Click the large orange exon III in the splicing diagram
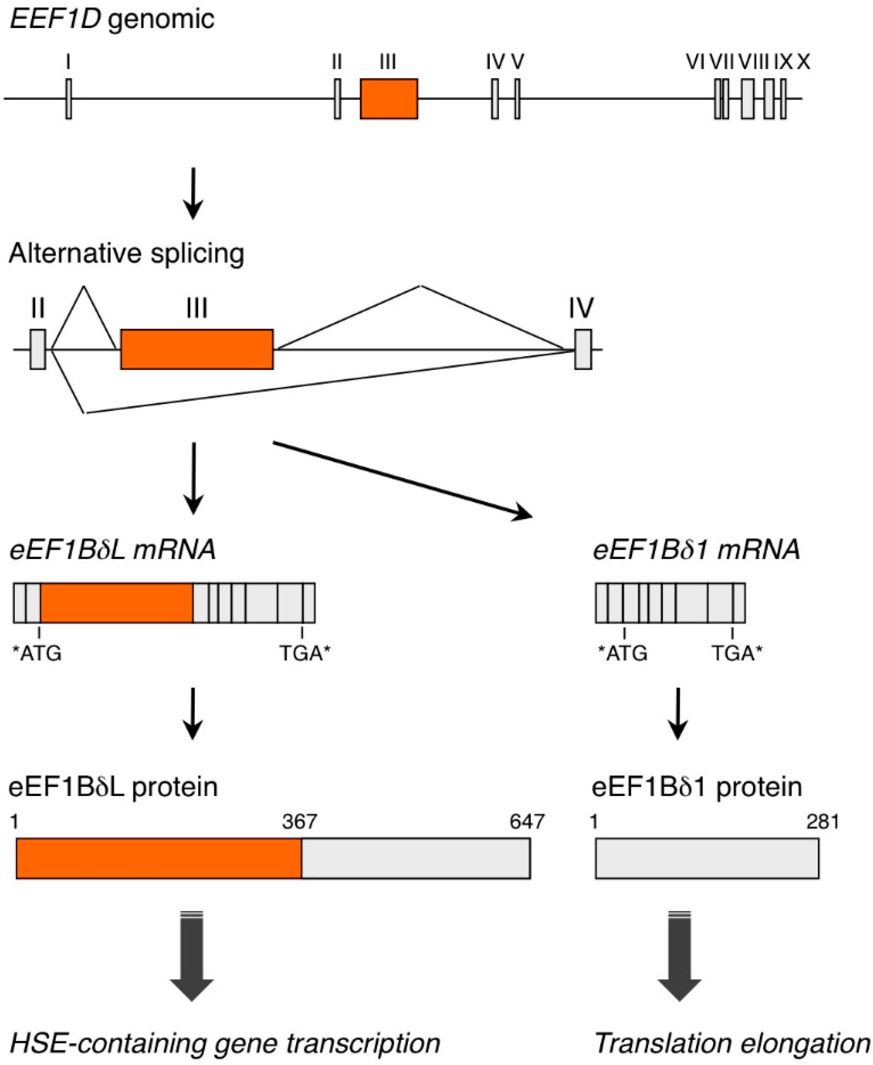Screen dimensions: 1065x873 click(196, 349)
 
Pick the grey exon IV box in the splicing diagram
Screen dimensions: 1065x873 click(583, 349)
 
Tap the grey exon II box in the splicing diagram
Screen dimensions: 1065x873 click(38, 349)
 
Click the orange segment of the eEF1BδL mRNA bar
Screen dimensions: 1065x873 click(117, 603)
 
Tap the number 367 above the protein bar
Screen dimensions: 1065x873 click(300, 822)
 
